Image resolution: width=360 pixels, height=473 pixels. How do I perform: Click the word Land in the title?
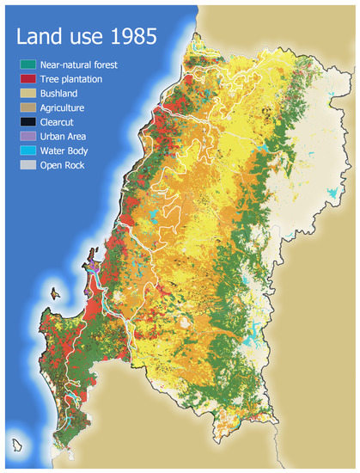[42, 38]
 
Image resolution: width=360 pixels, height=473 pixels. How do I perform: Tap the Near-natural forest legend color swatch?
[27, 64]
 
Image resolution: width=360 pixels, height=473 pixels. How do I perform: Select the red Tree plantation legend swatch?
[27, 78]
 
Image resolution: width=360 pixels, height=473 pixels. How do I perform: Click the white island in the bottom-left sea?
[17, 445]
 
